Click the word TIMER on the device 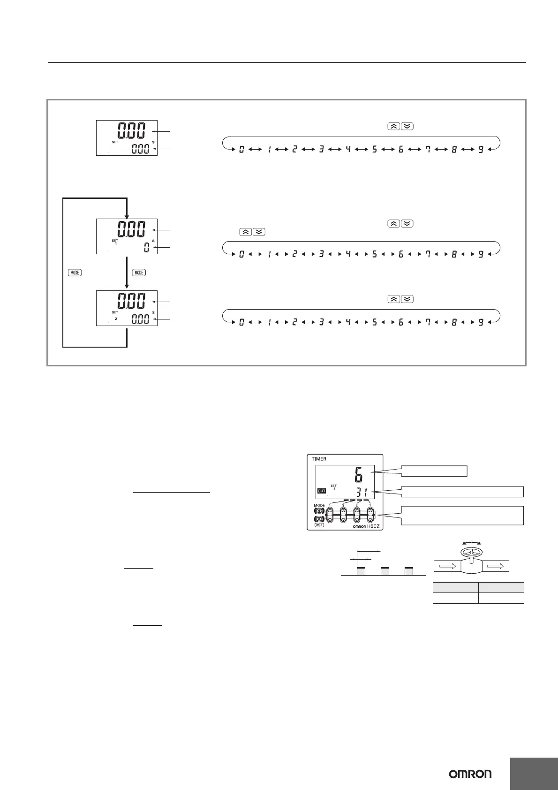point(319,459)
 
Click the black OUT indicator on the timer point(321,491)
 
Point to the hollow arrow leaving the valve point(496,567)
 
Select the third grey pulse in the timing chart point(408,571)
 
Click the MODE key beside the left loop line point(75,273)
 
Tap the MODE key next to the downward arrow point(139,273)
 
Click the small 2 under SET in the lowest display point(116,319)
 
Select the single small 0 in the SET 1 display point(146,248)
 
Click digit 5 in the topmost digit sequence point(374,150)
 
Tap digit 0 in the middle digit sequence point(241,255)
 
